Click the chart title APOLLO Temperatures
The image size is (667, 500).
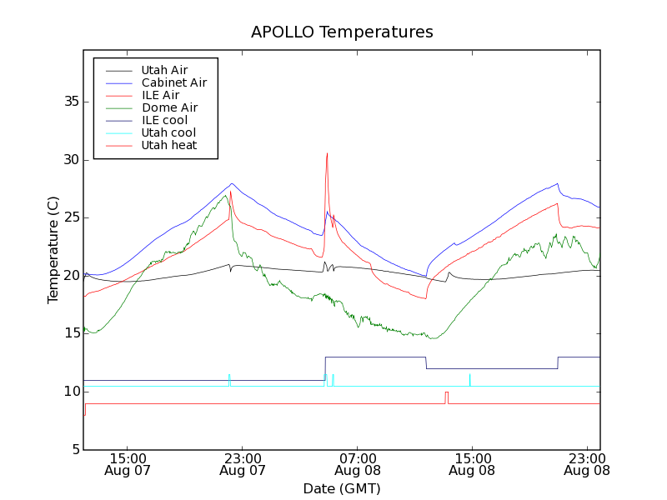click(342, 32)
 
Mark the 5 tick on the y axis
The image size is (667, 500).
click(75, 450)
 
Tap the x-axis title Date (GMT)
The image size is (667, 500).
click(341, 488)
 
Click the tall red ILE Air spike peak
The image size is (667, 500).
click(327, 154)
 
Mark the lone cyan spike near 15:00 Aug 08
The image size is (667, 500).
click(469, 379)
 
